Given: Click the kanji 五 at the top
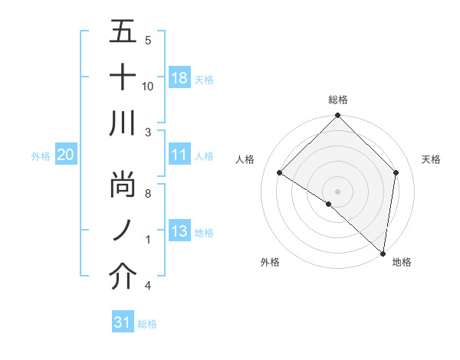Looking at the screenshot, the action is click(123, 33).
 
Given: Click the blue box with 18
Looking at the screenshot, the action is click(179, 78).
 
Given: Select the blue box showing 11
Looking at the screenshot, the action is click(179, 155).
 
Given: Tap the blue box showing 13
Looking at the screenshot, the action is click(179, 232).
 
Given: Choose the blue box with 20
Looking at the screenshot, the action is click(65, 155).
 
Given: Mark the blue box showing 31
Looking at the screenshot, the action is click(123, 323).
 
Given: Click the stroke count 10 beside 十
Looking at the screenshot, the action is click(148, 87).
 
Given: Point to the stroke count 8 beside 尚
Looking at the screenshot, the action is click(148, 195).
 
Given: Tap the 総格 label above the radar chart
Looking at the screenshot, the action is click(337, 100).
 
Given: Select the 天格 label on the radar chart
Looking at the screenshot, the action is click(432, 159).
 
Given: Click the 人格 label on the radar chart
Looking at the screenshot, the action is click(245, 159).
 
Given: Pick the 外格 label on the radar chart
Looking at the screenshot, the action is click(270, 263).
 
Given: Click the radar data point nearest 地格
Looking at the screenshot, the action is click(383, 254).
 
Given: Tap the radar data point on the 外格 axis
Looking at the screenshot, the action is click(329, 204).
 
